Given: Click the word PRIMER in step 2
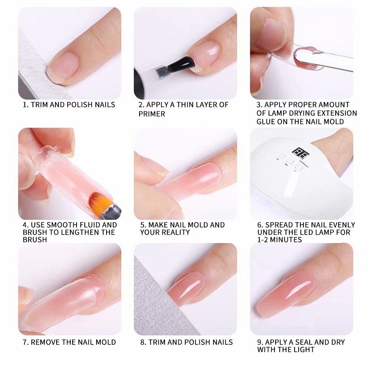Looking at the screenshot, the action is (x=152, y=114).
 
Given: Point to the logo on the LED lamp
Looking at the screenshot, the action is (x=300, y=153).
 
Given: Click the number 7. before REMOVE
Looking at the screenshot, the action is (x=26, y=342).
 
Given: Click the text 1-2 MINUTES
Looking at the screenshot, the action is (x=280, y=240).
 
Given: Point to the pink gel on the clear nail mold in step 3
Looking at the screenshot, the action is (x=307, y=58).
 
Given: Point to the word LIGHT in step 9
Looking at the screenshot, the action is (x=303, y=350).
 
